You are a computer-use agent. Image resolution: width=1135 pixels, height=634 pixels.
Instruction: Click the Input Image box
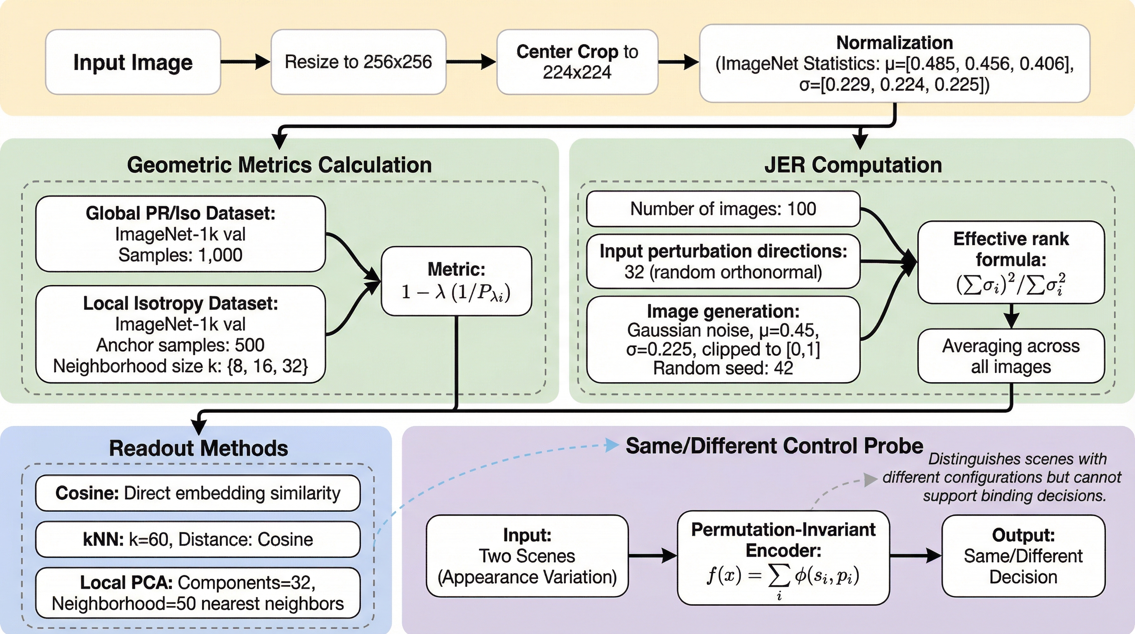click(x=133, y=62)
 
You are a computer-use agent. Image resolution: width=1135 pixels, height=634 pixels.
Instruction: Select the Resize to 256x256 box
click(x=358, y=62)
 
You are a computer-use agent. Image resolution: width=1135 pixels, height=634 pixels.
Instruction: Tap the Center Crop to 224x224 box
click(x=577, y=62)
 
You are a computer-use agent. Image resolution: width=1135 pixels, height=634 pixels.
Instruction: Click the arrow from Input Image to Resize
click(x=245, y=62)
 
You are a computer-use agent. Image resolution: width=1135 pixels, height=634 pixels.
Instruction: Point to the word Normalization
click(x=895, y=43)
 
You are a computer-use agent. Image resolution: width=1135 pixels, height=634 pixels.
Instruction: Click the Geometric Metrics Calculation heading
click(x=279, y=165)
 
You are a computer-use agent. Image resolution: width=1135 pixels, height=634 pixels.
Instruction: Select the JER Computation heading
click(x=853, y=165)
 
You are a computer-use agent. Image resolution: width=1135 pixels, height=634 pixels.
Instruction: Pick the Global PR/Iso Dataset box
click(x=180, y=234)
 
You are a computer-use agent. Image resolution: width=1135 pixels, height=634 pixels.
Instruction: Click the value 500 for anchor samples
click(x=250, y=345)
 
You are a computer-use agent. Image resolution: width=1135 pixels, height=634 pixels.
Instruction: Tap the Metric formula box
click(x=456, y=281)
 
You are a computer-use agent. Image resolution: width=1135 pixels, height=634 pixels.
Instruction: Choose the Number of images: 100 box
click(x=723, y=209)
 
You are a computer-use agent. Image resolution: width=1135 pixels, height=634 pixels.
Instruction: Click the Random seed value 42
click(x=783, y=368)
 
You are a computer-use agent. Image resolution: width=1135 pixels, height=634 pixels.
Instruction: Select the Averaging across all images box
click(x=1011, y=356)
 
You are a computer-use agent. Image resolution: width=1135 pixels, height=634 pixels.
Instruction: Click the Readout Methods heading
click(x=198, y=448)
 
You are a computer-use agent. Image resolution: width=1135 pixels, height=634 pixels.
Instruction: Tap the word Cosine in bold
click(x=87, y=493)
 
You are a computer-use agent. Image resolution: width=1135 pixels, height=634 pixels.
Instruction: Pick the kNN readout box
click(x=198, y=539)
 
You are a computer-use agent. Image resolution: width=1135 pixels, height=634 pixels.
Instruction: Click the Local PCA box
click(x=198, y=593)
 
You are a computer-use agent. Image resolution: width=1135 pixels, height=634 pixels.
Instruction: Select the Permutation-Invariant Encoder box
click(x=783, y=558)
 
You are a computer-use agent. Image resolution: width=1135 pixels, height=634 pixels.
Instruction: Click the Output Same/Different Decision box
click(x=1023, y=556)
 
